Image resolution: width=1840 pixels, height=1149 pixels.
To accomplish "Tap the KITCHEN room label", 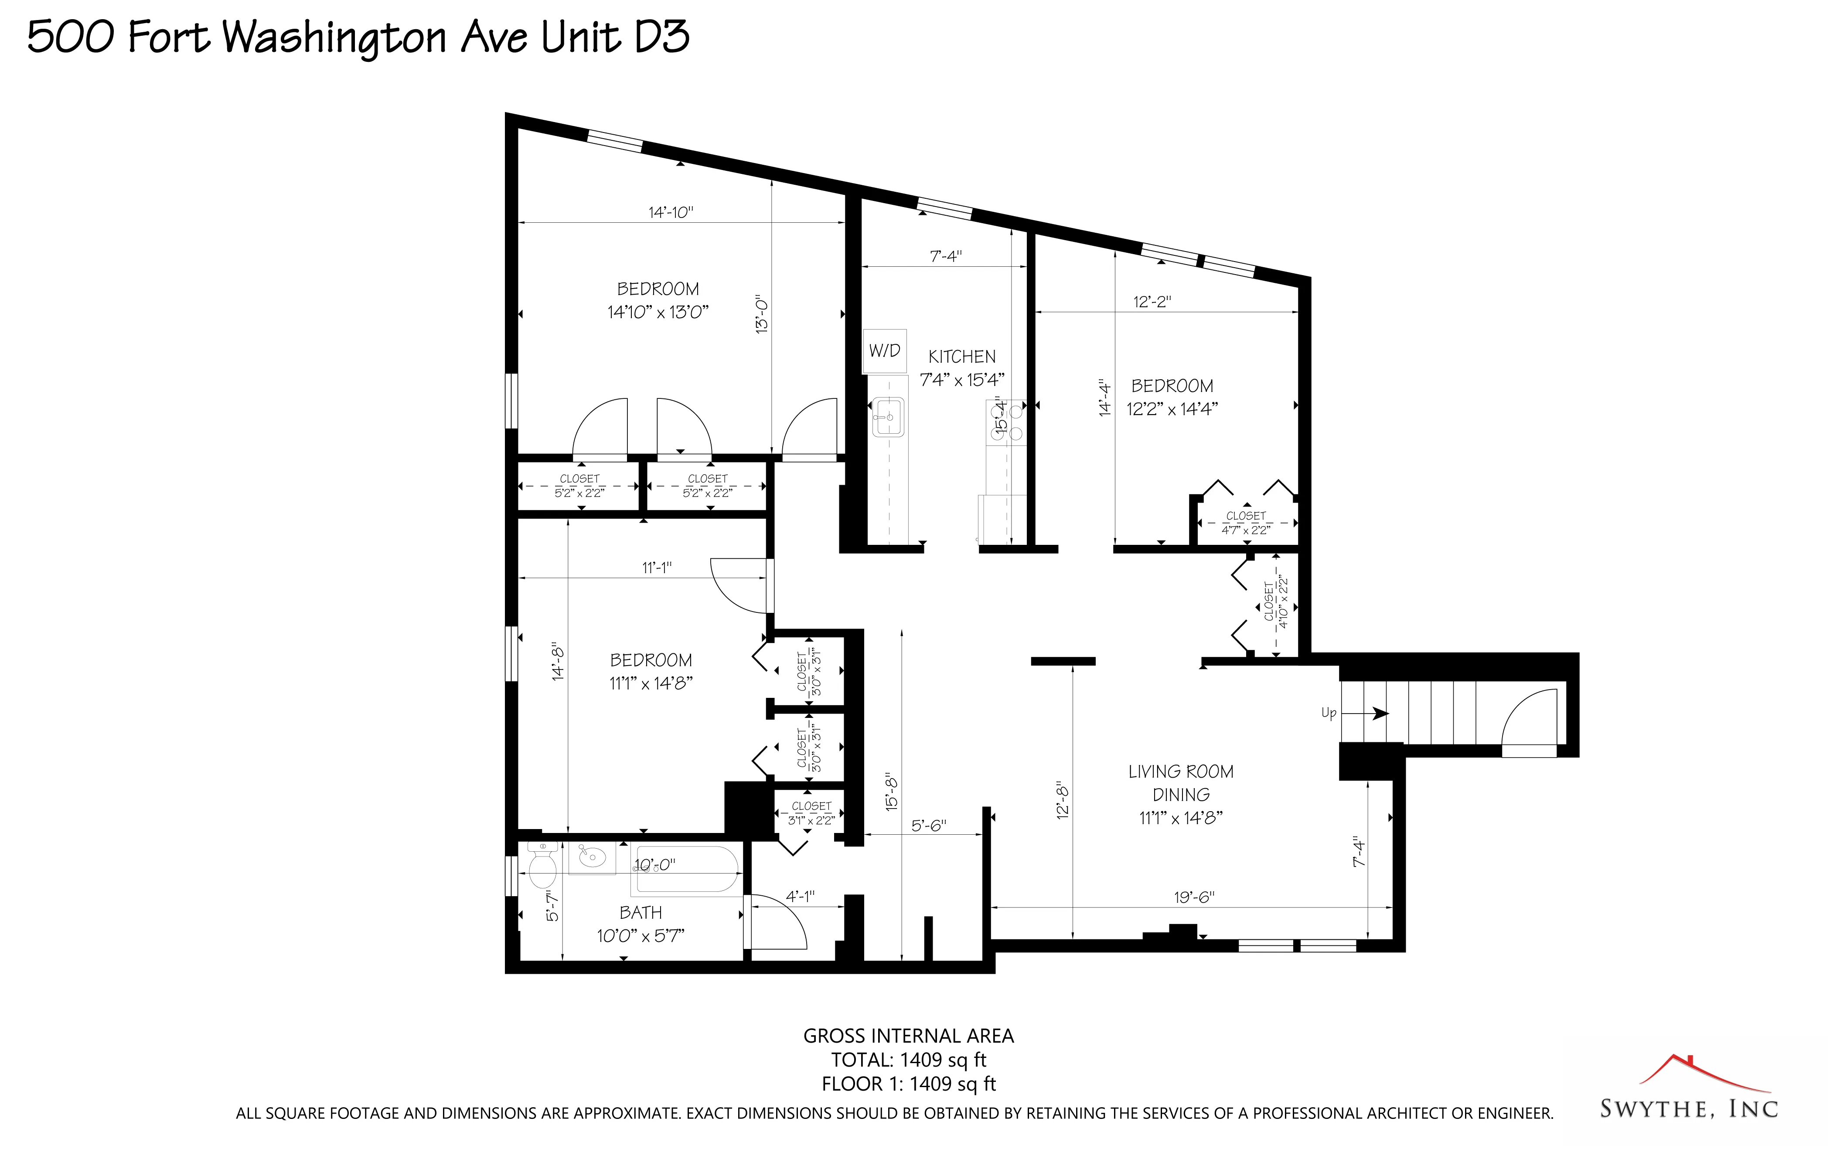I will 961,357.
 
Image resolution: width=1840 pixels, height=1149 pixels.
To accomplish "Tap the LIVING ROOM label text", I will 1180,772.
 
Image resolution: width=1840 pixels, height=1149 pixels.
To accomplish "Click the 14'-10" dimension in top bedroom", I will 670,212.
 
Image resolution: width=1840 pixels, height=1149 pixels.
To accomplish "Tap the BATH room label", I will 640,913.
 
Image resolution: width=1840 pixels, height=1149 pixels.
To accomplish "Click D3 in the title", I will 661,37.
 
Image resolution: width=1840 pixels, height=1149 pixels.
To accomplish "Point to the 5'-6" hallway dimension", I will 928,825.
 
